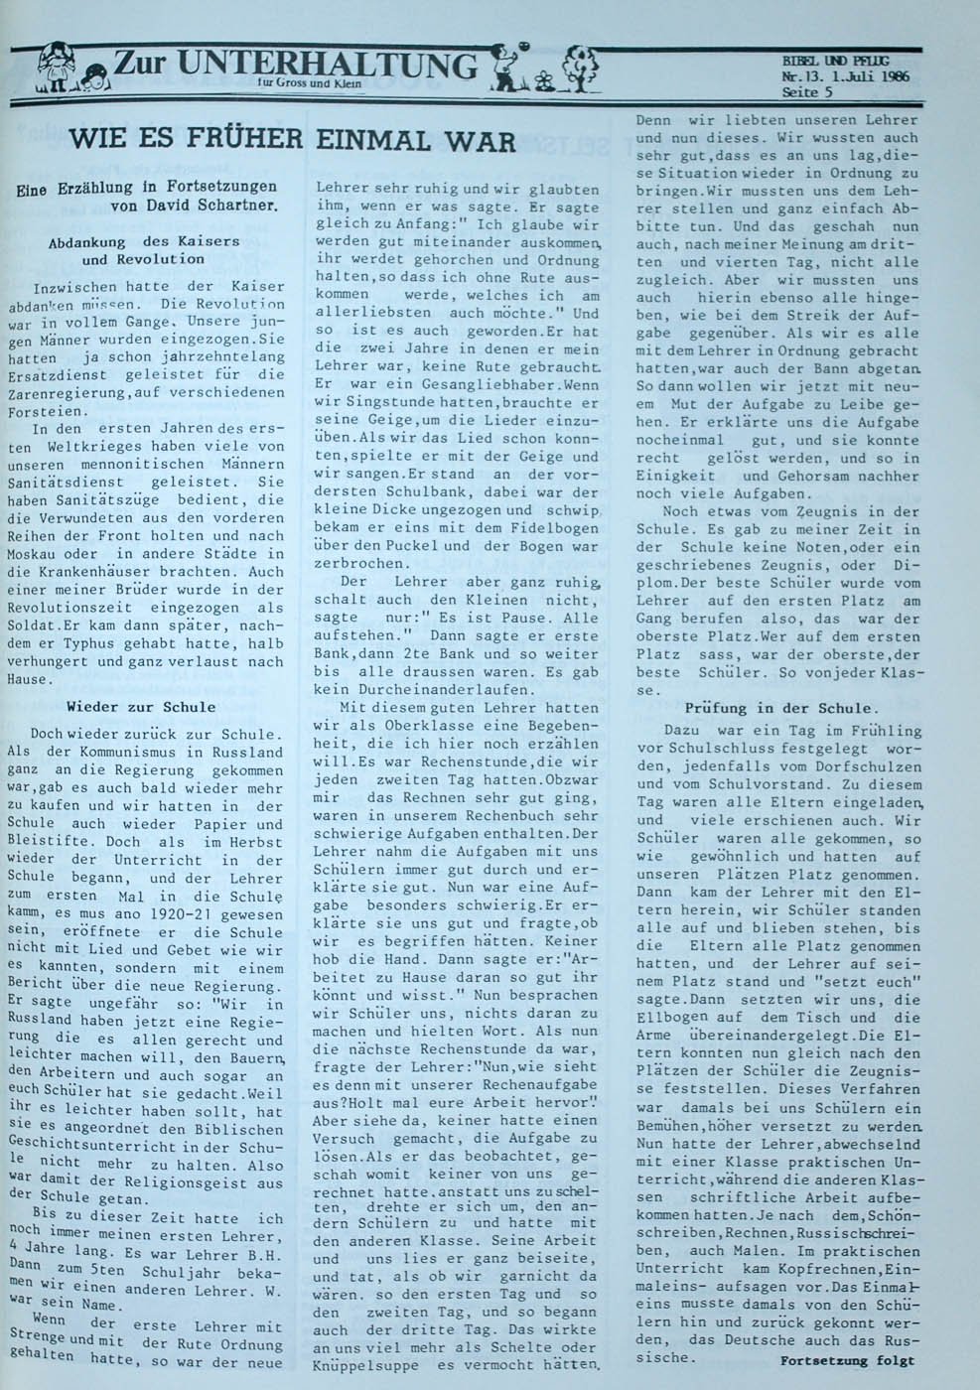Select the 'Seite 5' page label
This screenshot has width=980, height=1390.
(807, 92)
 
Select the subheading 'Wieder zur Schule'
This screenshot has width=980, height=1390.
(140, 707)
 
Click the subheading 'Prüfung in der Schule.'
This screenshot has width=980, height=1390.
(780, 708)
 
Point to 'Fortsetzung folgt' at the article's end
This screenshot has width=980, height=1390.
(847, 1360)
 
